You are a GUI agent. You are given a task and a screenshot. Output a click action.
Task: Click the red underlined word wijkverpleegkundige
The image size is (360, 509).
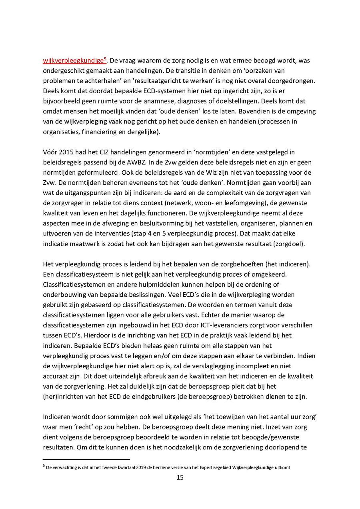click(73, 61)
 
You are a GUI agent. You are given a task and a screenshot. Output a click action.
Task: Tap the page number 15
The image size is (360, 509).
click(180, 477)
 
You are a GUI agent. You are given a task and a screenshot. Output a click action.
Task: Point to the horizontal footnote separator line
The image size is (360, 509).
click(86, 460)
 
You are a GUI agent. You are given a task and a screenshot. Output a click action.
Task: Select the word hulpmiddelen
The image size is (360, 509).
click(138, 284)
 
